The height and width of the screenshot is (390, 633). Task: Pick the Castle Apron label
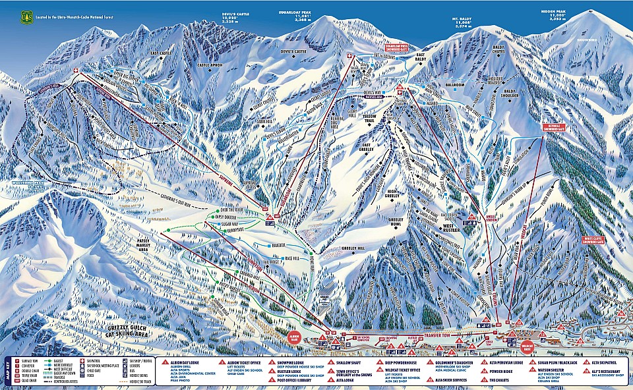pyautogui.click(x=211, y=65)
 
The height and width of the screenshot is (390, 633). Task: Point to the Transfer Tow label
pyautogui.click(x=437, y=335)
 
